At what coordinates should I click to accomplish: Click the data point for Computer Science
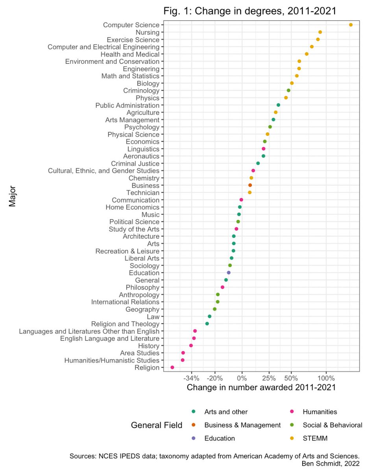click(x=351, y=25)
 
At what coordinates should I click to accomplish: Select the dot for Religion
click(x=172, y=367)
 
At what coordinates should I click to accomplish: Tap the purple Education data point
click(x=229, y=273)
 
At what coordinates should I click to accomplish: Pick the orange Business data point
click(x=250, y=185)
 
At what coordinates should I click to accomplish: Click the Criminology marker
click(x=288, y=90)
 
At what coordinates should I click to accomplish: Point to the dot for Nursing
click(x=320, y=32)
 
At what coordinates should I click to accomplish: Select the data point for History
click(x=191, y=345)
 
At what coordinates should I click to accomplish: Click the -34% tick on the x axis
click(x=192, y=378)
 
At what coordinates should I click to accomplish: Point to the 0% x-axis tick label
click(x=242, y=378)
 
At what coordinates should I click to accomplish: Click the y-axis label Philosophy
click(x=142, y=288)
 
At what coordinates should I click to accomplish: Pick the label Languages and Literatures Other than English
click(x=89, y=331)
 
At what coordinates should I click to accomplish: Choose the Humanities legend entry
click(x=320, y=412)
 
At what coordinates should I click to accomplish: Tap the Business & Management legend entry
click(x=242, y=425)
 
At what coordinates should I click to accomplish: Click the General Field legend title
click(x=156, y=425)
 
